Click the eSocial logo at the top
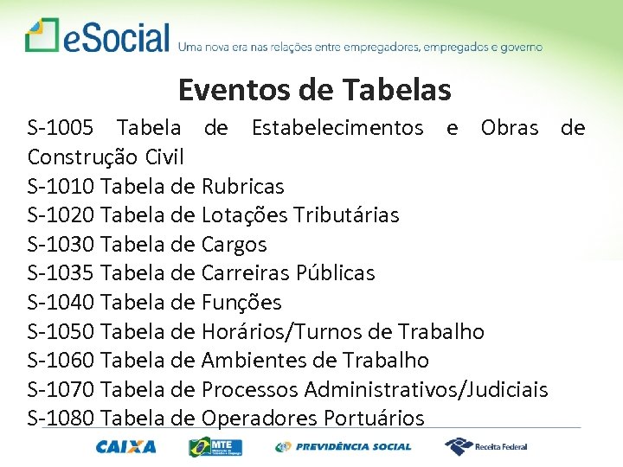click(x=97, y=37)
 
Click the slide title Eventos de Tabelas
click(x=314, y=89)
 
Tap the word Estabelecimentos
click(x=337, y=129)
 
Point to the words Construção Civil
click(x=106, y=157)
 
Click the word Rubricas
click(x=242, y=186)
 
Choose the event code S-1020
click(x=61, y=214)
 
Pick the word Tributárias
click(x=346, y=214)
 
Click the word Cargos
click(x=234, y=244)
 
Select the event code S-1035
click(x=61, y=273)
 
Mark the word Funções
click(x=241, y=302)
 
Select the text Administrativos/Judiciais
click(x=426, y=389)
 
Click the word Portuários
click(x=374, y=419)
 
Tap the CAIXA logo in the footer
click(x=126, y=446)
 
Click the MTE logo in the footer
click(x=216, y=446)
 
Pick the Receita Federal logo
click(x=485, y=446)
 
